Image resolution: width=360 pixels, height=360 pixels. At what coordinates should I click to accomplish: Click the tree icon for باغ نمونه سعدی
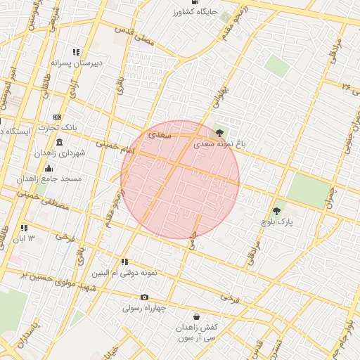[220, 131]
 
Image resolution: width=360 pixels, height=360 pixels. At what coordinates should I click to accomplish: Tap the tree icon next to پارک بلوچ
[276, 210]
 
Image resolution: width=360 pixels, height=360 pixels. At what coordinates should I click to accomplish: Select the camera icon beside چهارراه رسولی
[144, 297]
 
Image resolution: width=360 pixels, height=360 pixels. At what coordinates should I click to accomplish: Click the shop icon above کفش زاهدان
[196, 316]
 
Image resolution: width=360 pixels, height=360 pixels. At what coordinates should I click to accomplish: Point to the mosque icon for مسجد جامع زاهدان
[49, 168]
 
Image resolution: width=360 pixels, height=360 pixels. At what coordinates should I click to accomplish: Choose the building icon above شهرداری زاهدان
[58, 142]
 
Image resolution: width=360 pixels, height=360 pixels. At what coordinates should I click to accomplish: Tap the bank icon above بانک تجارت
[58, 117]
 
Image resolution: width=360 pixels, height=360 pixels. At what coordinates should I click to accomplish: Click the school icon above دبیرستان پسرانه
[76, 52]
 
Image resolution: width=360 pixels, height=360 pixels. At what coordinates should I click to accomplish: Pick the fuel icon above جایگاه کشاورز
[194, 2]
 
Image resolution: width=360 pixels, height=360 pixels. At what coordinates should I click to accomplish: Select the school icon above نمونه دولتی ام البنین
[124, 262]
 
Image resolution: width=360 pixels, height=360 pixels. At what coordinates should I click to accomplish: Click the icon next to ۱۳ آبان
[24, 228]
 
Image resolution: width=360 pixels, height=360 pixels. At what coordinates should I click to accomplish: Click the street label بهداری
[221, 96]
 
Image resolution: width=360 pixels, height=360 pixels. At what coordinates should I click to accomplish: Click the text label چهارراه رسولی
[143, 308]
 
